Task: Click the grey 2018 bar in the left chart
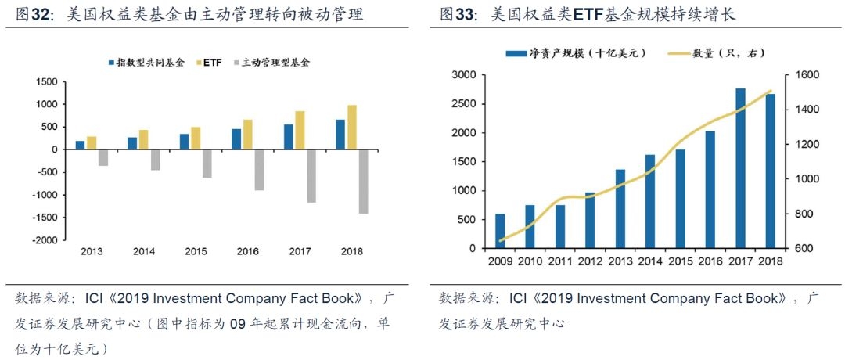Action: (x=362, y=181)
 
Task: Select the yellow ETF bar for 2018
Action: (x=351, y=127)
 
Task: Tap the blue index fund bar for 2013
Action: (x=80, y=145)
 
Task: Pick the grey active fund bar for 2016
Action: (x=258, y=169)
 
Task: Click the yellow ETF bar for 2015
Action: (x=195, y=138)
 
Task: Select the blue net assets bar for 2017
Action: (x=740, y=168)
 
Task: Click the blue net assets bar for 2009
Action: (x=500, y=231)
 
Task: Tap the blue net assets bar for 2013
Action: (x=620, y=208)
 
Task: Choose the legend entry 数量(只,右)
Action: (x=728, y=53)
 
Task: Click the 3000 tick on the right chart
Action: (x=464, y=75)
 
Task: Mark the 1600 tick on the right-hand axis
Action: (x=807, y=75)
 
